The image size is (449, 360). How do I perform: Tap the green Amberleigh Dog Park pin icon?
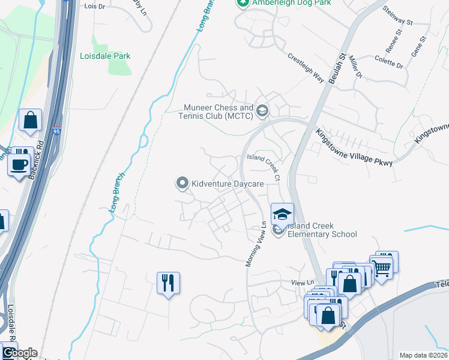pyautogui.click(x=243, y=3)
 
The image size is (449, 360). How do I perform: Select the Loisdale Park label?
pyautogui.click(x=105, y=56)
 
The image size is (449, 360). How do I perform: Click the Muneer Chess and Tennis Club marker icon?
pyautogui.click(x=262, y=110)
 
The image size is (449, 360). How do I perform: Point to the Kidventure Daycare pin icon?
pyautogui.click(x=182, y=183)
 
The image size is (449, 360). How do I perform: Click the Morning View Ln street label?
pyautogui.click(x=256, y=245)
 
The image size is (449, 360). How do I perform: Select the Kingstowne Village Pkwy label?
pyautogui.click(x=354, y=147)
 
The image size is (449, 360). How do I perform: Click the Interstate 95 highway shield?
pyautogui.click(x=56, y=130)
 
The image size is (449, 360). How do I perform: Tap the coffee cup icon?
pyautogui.click(x=19, y=164)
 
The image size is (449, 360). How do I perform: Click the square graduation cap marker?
pyautogui.click(x=282, y=214)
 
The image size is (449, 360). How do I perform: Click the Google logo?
pyautogui.click(x=19, y=353)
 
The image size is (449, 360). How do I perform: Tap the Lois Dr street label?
pyautogui.click(x=95, y=5)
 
